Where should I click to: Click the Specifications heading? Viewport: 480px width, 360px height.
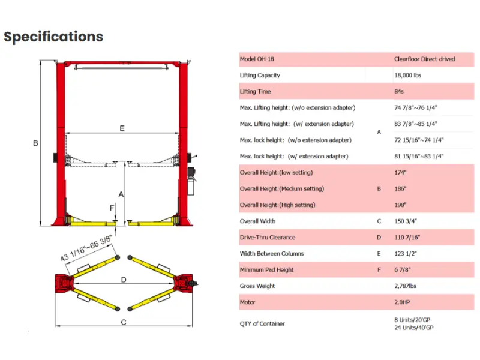tap(53, 37)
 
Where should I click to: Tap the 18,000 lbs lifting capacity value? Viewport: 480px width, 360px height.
tap(408, 76)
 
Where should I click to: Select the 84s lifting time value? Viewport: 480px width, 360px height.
tap(399, 92)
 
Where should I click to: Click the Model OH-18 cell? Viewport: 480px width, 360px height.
tap(257, 59)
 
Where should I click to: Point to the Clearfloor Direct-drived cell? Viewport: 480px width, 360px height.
tap(425, 59)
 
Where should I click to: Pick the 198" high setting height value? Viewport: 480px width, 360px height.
tap(400, 205)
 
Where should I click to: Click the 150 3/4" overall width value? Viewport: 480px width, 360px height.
tap(406, 221)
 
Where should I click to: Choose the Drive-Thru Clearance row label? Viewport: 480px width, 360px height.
tap(268, 237)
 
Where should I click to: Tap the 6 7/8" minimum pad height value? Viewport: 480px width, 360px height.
tap(402, 269)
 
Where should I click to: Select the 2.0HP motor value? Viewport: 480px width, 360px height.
tap(402, 302)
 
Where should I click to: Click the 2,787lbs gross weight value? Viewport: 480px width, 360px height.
tap(406, 286)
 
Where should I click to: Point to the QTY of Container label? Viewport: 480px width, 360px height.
tap(262, 323)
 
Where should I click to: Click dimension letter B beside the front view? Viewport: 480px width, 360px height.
tap(35, 143)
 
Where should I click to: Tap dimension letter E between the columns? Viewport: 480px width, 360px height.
tap(122, 128)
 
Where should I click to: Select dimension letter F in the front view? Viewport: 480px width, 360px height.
tap(112, 208)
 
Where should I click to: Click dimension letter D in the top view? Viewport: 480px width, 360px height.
tap(124, 280)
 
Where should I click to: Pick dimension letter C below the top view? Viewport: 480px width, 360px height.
tap(124, 322)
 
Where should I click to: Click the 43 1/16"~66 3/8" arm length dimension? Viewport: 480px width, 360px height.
tap(86, 248)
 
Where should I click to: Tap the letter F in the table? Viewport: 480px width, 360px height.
tap(379, 269)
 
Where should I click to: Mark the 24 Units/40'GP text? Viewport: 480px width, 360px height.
tap(414, 328)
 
